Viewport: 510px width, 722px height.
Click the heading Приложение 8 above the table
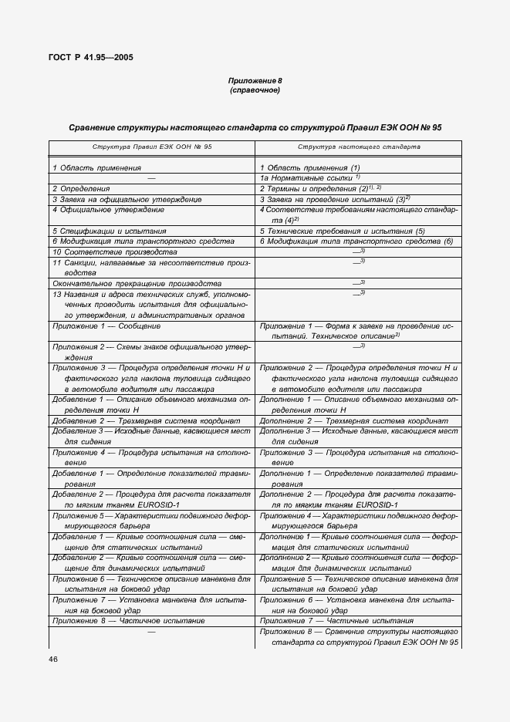(x=255, y=81)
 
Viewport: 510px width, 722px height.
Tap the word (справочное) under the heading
(x=255, y=90)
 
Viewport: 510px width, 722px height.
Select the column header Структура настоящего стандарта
(x=359, y=146)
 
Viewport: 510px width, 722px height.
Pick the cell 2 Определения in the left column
(x=81, y=188)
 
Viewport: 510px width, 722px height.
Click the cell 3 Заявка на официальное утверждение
(x=127, y=199)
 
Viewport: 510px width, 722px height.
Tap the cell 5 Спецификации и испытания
(x=109, y=231)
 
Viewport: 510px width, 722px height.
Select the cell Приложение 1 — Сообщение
(x=106, y=326)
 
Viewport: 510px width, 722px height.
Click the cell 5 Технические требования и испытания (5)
(x=343, y=231)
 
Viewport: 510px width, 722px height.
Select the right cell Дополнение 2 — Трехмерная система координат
(x=353, y=421)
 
